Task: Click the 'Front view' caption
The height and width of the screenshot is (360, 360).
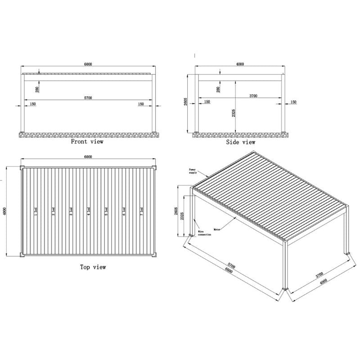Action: pyautogui.click(x=87, y=142)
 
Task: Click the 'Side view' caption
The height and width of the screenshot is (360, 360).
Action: pyautogui.click(x=240, y=142)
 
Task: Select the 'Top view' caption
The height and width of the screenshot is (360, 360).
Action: pyautogui.click(x=93, y=267)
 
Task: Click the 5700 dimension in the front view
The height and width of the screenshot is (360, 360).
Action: pyautogui.click(x=88, y=98)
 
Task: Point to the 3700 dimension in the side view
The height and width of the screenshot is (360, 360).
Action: pyautogui.click(x=253, y=96)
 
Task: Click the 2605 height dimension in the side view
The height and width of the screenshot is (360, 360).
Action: pyautogui.click(x=186, y=103)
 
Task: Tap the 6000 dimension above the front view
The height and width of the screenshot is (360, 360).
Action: pyautogui.click(x=88, y=64)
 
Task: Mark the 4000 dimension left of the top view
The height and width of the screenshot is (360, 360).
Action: pyautogui.click(x=5, y=211)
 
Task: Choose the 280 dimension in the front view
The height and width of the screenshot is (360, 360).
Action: pyautogui.click(x=37, y=90)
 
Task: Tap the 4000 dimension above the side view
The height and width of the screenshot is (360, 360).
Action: pyautogui.click(x=240, y=64)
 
